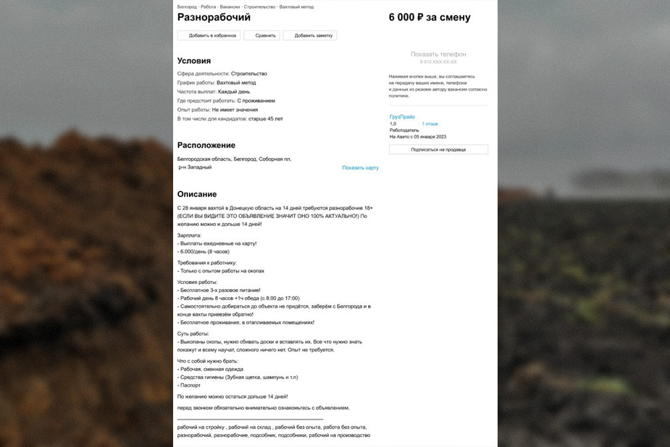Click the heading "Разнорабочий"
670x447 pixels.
(x=214, y=17)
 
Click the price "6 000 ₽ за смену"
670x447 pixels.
(x=429, y=17)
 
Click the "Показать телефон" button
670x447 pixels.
(x=438, y=54)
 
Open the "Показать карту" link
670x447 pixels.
(x=360, y=168)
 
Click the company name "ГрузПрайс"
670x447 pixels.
(x=403, y=117)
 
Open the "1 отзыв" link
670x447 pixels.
(x=430, y=124)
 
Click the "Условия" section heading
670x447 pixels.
(x=194, y=61)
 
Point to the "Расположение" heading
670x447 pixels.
(x=206, y=145)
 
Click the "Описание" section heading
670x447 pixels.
(x=197, y=194)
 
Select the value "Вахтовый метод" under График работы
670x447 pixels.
(x=236, y=83)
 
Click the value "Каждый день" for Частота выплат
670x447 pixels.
(x=234, y=92)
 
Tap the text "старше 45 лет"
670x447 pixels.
(x=265, y=119)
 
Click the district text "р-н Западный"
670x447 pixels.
(x=195, y=167)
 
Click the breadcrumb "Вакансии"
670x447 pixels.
(x=230, y=7)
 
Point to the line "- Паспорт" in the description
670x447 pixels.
(x=190, y=385)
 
